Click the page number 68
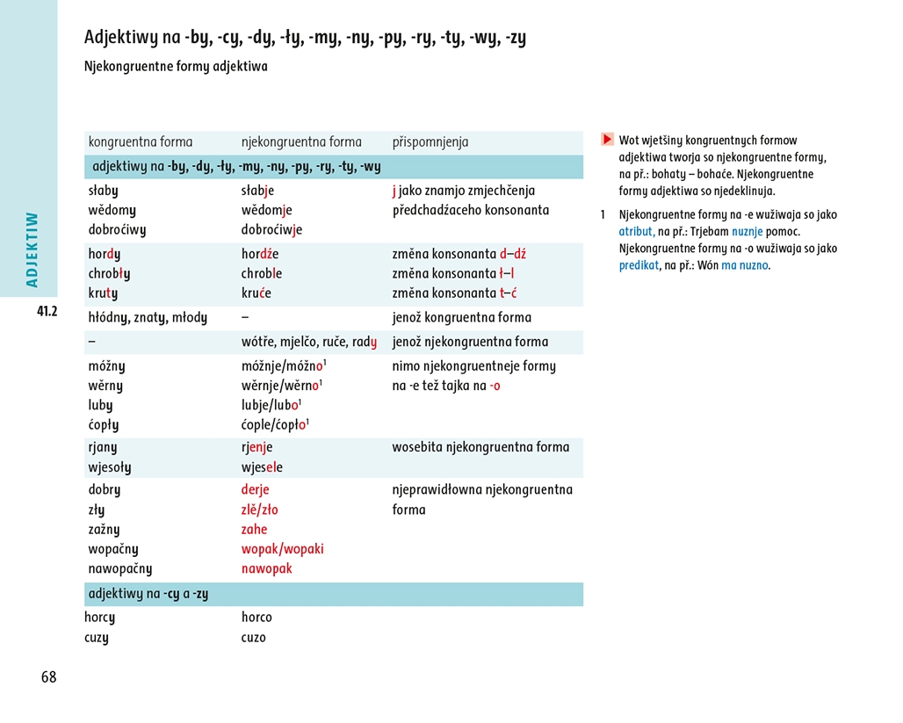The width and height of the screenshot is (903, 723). (x=48, y=677)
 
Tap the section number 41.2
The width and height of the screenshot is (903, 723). (x=47, y=311)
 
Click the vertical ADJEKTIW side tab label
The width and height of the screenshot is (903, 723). (x=33, y=249)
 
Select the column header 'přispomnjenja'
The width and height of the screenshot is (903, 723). (x=430, y=142)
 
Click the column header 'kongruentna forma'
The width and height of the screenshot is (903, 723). (x=141, y=142)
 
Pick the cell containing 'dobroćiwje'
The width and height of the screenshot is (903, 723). (x=271, y=230)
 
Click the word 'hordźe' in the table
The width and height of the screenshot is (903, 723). (x=260, y=254)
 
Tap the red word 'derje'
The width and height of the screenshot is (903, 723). (x=255, y=489)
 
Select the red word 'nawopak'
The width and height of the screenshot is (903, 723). (x=266, y=568)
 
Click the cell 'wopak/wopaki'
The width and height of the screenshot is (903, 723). (x=282, y=549)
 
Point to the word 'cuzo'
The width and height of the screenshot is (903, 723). (x=253, y=638)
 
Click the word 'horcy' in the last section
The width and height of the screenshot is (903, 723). (x=99, y=618)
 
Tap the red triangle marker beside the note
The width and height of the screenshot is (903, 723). (x=607, y=140)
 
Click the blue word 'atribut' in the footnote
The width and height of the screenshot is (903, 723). (x=636, y=232)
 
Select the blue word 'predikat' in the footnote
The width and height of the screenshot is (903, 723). (x=639, y=265)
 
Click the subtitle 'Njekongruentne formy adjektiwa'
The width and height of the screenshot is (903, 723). (x=176, y=67)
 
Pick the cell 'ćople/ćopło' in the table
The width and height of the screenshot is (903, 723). (x=275, y=425)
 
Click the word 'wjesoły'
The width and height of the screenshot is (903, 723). (x=110, y=467)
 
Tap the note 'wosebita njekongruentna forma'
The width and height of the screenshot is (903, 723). (x=480, y=447)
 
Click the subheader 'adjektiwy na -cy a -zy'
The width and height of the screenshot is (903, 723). (x=148, y=594)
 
